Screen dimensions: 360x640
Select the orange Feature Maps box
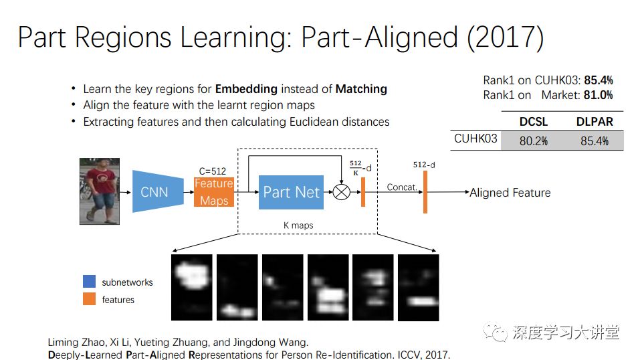(214, 192)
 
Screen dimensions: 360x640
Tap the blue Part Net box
(291, 192)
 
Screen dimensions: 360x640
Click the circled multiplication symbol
(342, 193)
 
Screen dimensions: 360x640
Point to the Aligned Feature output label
(510, 193)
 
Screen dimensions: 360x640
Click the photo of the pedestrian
(100, 190)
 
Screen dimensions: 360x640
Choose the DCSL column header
(533, 122)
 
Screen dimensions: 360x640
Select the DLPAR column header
(595, 122)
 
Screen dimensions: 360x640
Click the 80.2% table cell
(533, 141)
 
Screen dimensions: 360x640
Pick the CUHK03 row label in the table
(475, 139)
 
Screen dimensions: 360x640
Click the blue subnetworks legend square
(90, 282)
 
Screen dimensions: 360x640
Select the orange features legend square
(90, 299)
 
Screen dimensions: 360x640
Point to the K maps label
(298, 226)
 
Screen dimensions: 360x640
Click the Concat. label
(402, 187)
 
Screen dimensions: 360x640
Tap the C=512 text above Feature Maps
(213, 171)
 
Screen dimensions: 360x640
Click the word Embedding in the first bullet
(246, 89)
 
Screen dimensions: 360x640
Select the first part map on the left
(191, 286)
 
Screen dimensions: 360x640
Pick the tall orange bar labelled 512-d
(425, 192)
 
